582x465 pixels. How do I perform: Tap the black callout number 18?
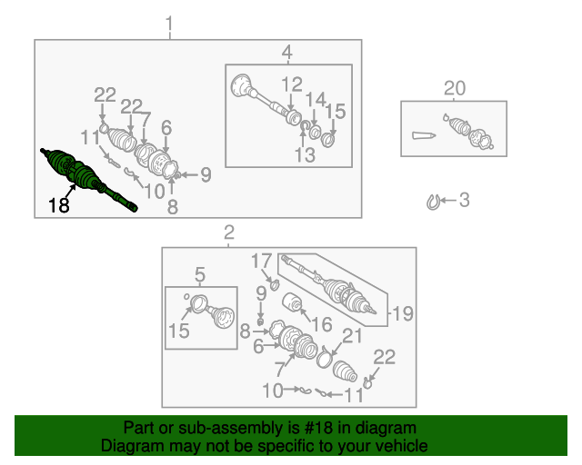tap(58, 205)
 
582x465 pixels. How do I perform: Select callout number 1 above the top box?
tap(169, 24)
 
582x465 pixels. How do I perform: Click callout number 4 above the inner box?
tap(287, 53)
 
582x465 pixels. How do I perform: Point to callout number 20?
tap(455, 88)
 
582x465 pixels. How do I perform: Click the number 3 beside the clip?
tap(465, 200)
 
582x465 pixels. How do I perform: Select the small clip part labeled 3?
tap(433, 203)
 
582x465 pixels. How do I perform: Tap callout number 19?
tap(403, 313)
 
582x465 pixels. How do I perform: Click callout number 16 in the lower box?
tap(321, 324)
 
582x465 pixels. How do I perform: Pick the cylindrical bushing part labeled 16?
tap(292, 302)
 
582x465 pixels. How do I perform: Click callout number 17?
tap(261, 261)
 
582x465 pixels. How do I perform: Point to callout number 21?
tap(352, 336)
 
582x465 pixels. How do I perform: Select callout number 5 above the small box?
tap(200, 275)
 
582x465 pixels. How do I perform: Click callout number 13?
tap(305, 155)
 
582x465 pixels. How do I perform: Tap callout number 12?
tap(292, 84)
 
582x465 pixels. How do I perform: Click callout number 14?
tap(316, 100)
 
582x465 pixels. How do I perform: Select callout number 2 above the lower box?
tap(229, 232)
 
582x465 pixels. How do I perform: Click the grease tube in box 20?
tap(424, 135)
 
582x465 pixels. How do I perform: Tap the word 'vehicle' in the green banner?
tap(401, 446)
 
